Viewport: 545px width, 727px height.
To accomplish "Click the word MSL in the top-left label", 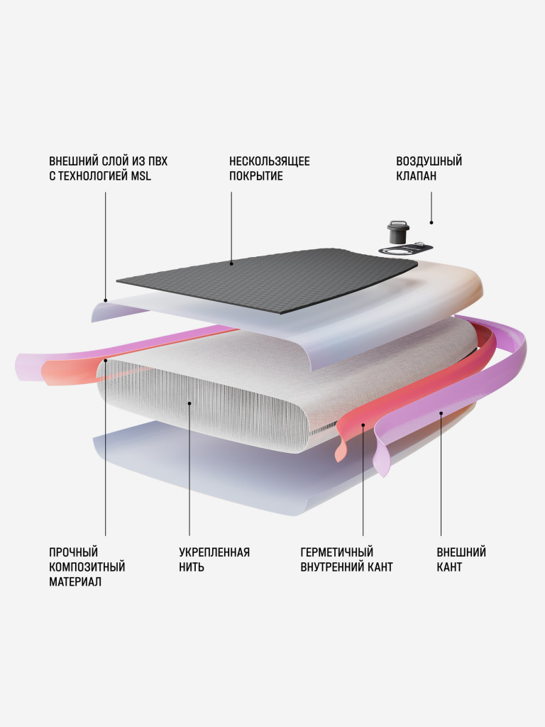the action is click(x=141, y=176).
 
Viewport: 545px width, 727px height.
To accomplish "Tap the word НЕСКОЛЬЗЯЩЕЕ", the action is click(x=269, y=161).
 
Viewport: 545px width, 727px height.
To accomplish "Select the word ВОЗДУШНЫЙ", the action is click(x=429, y=161).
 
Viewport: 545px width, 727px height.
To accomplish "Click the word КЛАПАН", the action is click(x=416, y=176).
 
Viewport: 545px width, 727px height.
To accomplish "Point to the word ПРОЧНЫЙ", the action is click(x=73, y=552).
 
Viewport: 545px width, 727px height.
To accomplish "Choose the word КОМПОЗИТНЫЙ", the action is click(x=87, y=567).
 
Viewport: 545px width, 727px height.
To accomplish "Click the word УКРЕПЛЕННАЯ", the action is click(x=214, y=552).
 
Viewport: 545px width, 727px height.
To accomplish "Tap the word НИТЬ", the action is click(x=192, y=567).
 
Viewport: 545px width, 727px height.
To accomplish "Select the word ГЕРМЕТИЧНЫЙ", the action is click(x=337, y=552).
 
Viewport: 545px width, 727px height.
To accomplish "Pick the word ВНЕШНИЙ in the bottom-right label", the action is click(x=461, y=552).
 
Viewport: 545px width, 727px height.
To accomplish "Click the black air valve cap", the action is click(x=397, y=232).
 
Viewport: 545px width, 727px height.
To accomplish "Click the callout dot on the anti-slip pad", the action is click(x=231, y=264).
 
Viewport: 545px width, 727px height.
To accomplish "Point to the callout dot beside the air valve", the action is click(x=431, y=222).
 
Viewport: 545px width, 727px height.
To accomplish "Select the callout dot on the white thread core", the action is click(x=189, y=403).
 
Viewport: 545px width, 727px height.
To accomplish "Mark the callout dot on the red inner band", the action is click(x=363, y=425).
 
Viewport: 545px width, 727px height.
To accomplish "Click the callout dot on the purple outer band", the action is click(x=441, y=412).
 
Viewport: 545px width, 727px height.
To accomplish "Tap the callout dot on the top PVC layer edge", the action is click(x=105, y=300).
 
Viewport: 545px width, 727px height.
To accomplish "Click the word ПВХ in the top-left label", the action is click(x=158, y=161).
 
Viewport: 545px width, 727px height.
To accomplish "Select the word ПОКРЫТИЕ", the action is click(x=255, y=176).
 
